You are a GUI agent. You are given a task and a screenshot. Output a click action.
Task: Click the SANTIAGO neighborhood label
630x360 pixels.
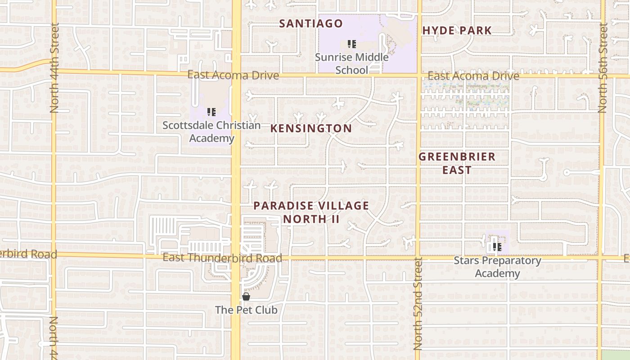pyautogui.click(x=311, y=24)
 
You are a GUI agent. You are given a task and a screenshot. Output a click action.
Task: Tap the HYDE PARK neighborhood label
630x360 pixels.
pyautogui.click(x=457, y=31)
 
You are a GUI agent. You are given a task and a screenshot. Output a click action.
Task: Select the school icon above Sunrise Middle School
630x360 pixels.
pyautogui.click(x=352, y=44)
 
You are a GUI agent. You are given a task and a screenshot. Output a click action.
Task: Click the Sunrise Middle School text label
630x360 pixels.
pyautogui.click(x=351, y=63)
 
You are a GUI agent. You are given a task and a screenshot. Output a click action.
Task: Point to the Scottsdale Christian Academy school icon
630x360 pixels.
pyautogui.click(x=211, y=112)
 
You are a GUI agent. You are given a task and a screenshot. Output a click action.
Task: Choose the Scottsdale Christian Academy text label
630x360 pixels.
pyautogui.click(x=211, y=131)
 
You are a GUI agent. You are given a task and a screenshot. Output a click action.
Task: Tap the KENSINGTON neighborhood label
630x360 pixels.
pyautogui.click(x=311, y=129)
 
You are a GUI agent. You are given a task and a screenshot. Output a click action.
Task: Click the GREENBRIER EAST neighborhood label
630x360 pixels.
pyautogui.click(x=457, y=163)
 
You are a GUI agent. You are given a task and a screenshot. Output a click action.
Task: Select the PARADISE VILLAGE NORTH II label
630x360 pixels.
pyautogui.click(x=311, y=212)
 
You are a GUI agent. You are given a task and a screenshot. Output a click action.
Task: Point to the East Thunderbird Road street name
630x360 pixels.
pyautogui.click(x=222, y=258)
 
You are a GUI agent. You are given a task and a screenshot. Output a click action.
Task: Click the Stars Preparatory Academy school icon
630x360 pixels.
pyautogui.click(x=497, y=247)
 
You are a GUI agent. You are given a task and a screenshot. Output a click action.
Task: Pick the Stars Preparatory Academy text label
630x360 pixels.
pyautogui.click(x=497, y=267)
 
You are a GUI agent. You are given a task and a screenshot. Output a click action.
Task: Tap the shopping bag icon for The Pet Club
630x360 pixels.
pyautogui.click(x=246, y=297)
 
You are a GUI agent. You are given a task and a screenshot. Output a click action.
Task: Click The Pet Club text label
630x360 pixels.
pyautogui.click(x=246, y=310)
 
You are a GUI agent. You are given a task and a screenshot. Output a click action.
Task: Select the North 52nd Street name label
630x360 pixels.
pyautogui.click(x=418, y=304)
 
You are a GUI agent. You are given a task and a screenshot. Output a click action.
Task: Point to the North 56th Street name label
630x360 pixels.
pyautogui.click(x=603, y=67)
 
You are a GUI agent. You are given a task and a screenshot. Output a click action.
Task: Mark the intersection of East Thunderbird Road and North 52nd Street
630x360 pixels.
pyautogui.click(x=418, y=258)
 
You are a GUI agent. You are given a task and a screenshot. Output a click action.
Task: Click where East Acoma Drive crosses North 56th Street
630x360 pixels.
pyautogui.click(x=602, y=76)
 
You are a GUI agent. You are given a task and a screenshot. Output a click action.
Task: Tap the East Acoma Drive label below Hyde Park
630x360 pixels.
pyautogui.click(x=473, y=76)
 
